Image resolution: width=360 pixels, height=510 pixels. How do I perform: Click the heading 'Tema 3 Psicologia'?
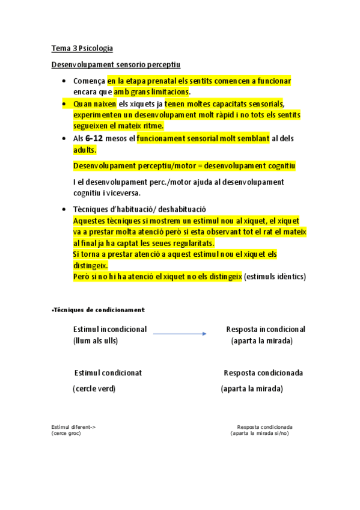82,48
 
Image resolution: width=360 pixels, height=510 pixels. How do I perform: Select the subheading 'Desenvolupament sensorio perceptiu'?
115,64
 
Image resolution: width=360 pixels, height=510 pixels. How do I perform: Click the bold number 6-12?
88,138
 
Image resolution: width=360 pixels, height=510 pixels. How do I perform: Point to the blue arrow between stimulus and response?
180,333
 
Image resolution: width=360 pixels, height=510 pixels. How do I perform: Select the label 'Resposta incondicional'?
265,330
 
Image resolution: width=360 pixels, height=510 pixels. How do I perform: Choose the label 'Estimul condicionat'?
108,373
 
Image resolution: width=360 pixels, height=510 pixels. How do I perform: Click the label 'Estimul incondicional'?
109,330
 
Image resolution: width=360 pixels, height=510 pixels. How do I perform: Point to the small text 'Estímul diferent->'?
73,427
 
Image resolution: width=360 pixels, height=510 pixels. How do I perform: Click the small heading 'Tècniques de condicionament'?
99,309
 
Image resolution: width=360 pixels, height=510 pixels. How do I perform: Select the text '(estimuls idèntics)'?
275,277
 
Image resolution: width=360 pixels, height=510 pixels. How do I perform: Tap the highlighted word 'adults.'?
85,150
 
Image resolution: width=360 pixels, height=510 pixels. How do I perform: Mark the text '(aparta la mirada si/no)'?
259,433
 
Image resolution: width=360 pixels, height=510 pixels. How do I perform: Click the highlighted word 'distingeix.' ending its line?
90,265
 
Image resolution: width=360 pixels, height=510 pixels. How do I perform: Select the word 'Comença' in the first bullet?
89,81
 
